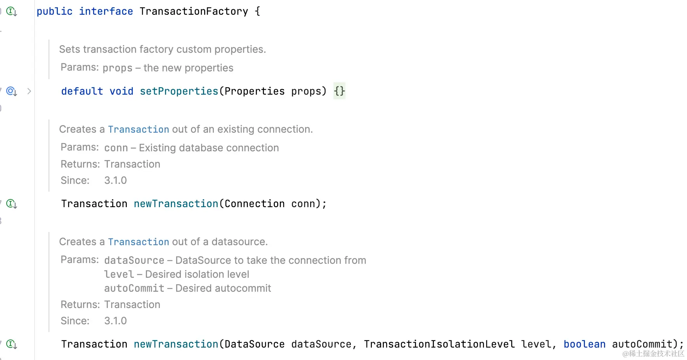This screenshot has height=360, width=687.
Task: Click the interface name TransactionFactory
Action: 194,12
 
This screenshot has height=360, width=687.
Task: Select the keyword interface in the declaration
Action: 106,12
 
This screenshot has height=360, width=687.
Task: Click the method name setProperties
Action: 179,91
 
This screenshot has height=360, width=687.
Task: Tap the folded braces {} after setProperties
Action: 339,91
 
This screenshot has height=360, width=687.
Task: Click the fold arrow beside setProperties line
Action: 29,91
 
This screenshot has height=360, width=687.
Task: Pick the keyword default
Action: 82,91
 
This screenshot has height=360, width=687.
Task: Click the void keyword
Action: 121,91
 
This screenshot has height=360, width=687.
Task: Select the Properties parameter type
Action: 255,91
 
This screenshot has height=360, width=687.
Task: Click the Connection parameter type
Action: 255,204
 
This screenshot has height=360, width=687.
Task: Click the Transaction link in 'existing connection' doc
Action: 139,130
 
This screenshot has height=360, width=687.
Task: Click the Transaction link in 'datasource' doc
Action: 139,242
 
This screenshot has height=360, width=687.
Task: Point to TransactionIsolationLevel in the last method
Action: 439,344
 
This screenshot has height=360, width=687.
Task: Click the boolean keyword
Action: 584,344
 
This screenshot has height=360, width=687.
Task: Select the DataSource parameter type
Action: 255,344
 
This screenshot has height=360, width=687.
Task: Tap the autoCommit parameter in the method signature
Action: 642,344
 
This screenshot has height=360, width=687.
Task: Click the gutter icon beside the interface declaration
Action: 11,12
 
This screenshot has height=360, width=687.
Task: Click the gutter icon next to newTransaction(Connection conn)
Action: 11,204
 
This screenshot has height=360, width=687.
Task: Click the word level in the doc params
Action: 119,274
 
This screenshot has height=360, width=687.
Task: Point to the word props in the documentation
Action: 118,68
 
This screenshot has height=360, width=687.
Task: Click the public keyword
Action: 54,12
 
